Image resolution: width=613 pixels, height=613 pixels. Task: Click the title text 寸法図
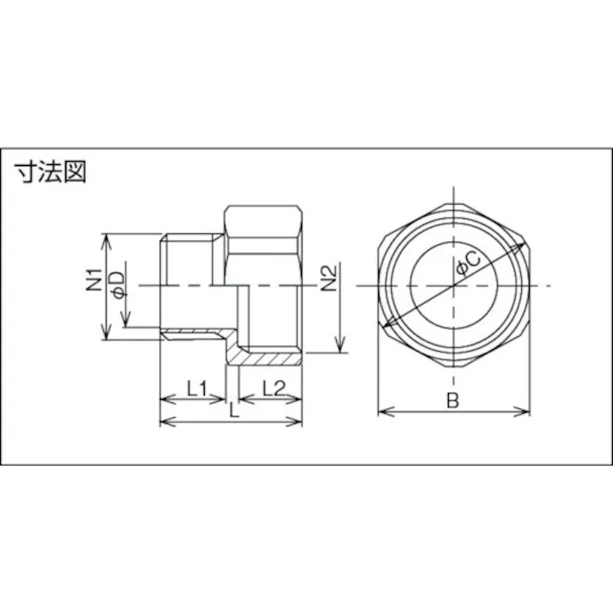tap(51, 172)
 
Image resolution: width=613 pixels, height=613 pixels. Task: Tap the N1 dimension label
tap(95, 283)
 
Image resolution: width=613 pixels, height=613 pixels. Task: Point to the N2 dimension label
tap(328, 279)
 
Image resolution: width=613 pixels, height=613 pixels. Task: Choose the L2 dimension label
tap(270, 389)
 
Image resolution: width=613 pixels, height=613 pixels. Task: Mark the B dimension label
tap(452, 400)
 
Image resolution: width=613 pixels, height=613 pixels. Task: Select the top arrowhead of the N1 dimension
tap(106, 236)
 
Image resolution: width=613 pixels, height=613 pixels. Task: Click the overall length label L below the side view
tap(233, 411)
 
